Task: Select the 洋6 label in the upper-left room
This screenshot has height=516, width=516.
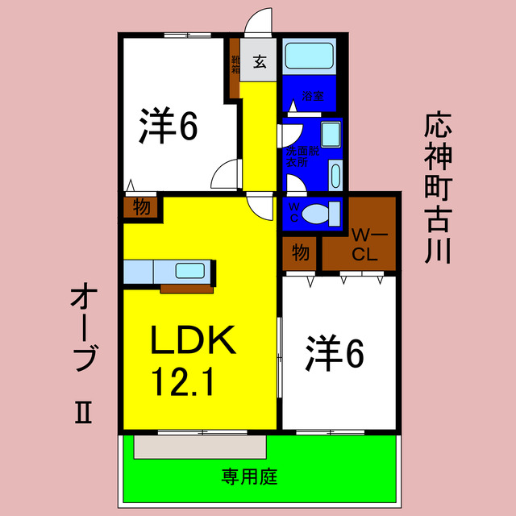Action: click(168, 127)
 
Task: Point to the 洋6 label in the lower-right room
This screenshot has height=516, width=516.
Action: click(335, 353)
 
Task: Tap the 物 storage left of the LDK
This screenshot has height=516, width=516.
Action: click(142, 207)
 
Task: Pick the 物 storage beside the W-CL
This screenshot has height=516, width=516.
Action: click(300, 253)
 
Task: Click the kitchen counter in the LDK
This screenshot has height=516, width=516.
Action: click(169, 271)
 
